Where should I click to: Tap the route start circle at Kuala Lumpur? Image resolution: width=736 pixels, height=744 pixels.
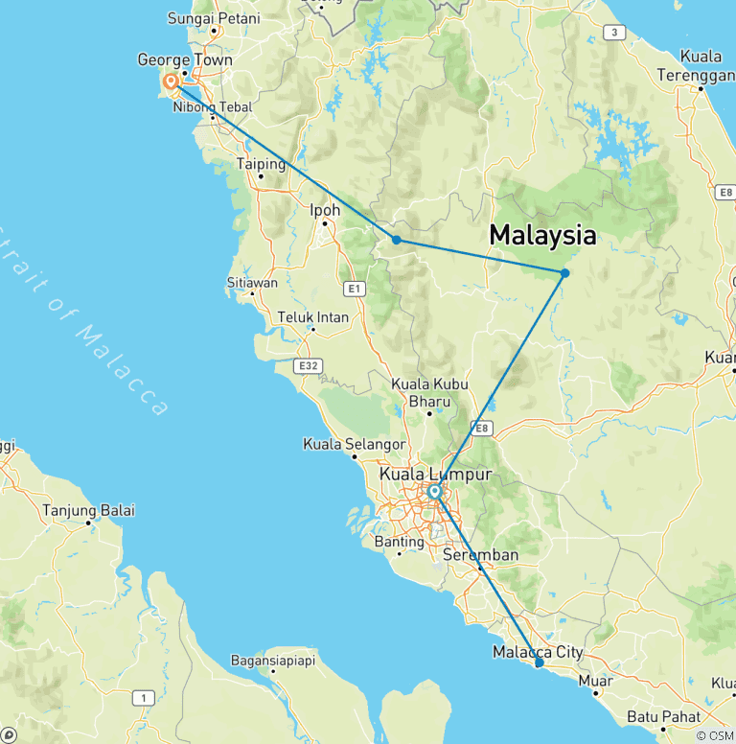pyautogui.click(x=434, y=492)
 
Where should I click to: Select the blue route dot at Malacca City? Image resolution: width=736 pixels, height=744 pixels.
pyautogui.click(x=539, y=663)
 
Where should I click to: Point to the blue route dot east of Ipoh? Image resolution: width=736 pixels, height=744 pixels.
pyautogui.click(x=396, y=240)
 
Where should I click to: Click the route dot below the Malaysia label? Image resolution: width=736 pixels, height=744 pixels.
pyautogui.click(x=565, y=273)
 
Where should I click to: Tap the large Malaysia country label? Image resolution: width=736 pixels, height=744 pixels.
pyautogui.click(x=542, y=235)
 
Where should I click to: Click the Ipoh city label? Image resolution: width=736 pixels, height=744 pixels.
pyautogui.click(x=325, y=210)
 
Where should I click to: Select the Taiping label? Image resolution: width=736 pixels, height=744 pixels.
pyautogui.click(x=262, y=164)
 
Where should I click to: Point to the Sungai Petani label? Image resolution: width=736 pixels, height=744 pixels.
pyautogui.click(x=207, y=17)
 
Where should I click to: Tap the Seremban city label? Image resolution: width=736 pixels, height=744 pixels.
pyautogui.click(x=480, y=555)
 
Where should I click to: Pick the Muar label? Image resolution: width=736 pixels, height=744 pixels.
pyautogui.click(x=595, y=682)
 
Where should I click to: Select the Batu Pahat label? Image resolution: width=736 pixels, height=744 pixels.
pyautogui.click(x=662, y=716)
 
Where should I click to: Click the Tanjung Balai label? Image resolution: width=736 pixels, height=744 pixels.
pyautogui.click(x=88, y=510)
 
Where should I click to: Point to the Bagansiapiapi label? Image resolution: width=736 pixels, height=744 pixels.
pyautogui.click(x=272, y=661)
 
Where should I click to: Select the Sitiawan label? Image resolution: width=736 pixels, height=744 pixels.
pyautogui.click(x=252, y=283)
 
